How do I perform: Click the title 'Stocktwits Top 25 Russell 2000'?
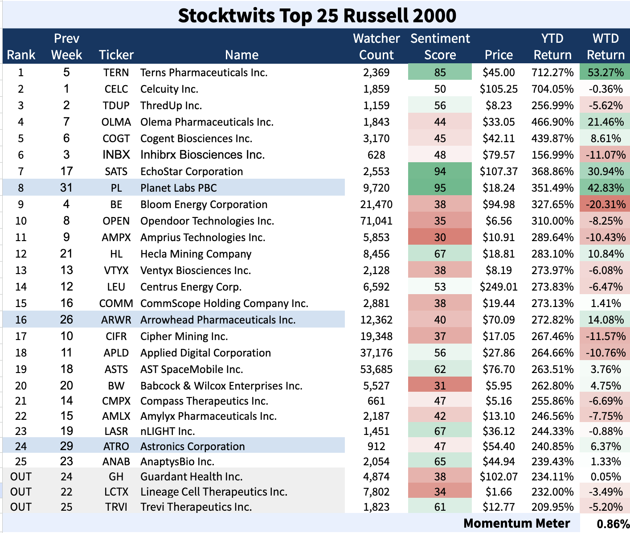click(x=317, y=16)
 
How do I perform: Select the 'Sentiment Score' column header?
click(x=440, y=46)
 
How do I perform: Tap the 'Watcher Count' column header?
click(x=376, y=46)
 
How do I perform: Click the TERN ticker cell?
click(x=116, y=73)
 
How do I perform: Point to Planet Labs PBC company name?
click(x=178, y=188)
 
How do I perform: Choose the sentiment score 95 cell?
click(x=440, y=188)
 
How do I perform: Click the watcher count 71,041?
click(x=376, y=221)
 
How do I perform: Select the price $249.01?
click(x=499, y=287)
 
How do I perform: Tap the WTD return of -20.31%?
click(x=605, y=205)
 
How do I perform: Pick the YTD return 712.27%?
click(x=552, y=73)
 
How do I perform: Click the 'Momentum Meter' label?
click(x=516, y=524)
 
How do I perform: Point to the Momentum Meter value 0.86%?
click(x=613, y=524)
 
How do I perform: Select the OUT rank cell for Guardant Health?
click(x=21, y=477)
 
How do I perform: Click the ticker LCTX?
click(x=116, y=492)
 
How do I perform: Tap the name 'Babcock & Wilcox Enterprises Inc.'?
click(x=221, y=386)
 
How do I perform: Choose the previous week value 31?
click(x=66, y=188)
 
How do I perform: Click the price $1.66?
click(x=499, y=492)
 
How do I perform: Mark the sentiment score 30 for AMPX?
click(x=440, y=238)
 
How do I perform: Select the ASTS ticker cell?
click(x=116, y=369)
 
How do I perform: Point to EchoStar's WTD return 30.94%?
click(x=605, y=172)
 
